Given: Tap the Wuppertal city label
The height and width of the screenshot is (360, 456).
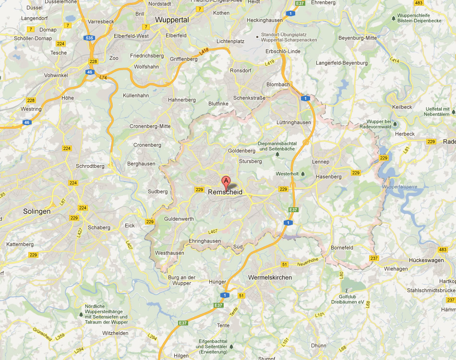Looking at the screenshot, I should pyautogui.click(x=172, y=20).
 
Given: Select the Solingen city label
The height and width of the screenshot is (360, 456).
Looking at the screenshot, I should pyautogui.click(x=36, y=211).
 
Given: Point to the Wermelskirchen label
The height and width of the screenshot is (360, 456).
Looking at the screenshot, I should pyautogui.click(x=270, y=277).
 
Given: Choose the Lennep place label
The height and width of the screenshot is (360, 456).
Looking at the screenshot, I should pyautogui.click(x=321, y=162).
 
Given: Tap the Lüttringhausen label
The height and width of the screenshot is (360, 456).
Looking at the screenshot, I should pyautogui.click(x=294, y=122).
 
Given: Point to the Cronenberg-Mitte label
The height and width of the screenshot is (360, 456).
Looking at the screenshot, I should pyautogui.click(x=150, y=127).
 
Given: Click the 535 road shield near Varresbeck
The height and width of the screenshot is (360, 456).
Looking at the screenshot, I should pyautogui.click(x=88, y=37).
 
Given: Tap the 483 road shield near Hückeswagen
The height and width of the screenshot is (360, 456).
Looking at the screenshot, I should pyautogui.click(x=443, y=250).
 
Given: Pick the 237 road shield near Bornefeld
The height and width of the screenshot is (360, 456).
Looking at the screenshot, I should pyautogui.click(x=374, y=258).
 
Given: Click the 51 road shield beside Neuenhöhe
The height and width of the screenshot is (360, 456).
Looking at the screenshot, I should pyautogui.click(x=284, y=264).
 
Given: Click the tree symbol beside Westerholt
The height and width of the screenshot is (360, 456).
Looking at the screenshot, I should pyautogui.click(x=302, y=174).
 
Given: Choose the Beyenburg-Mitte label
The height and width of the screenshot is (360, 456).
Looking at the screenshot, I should pyautogui.click(x=358, y=37).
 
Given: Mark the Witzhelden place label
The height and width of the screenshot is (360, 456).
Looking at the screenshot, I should pyautogui.click(x=115, y=333).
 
